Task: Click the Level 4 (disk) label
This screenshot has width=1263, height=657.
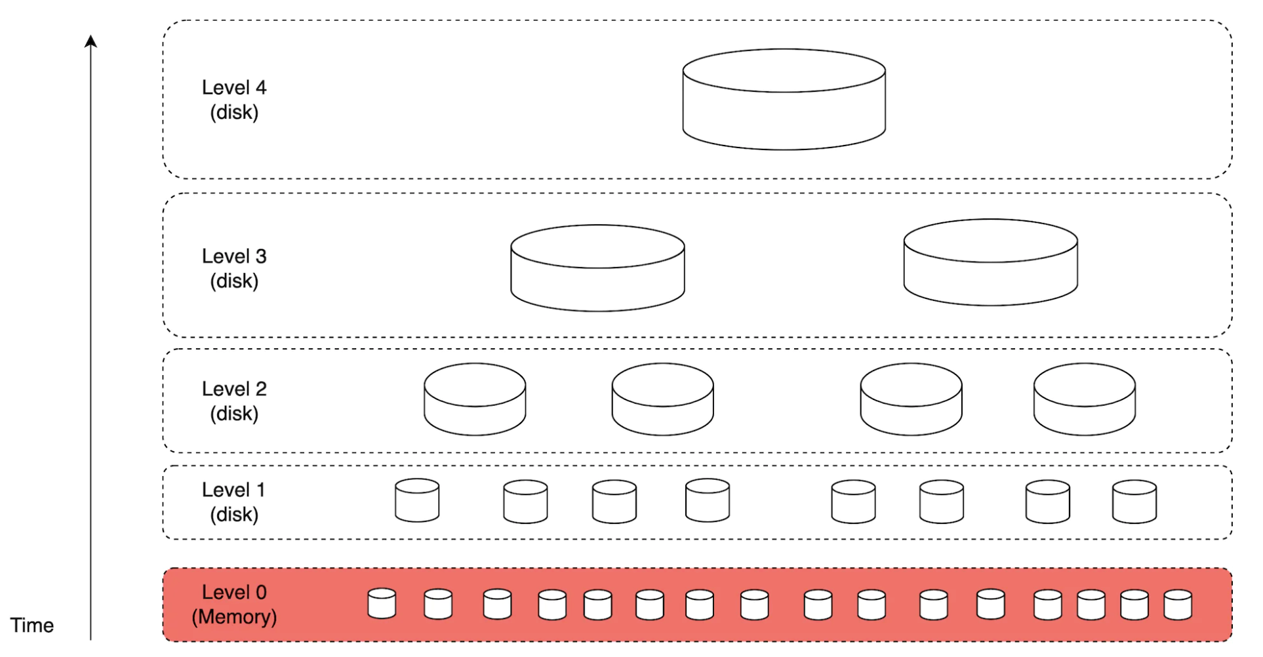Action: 234,100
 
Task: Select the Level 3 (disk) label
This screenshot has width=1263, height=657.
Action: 234,268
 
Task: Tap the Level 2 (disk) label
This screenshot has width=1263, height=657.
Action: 234,401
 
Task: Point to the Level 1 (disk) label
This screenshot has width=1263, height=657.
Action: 234,502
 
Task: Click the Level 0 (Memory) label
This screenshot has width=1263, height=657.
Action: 234,604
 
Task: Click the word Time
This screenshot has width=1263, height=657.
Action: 31,625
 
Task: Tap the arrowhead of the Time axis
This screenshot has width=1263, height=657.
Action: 91,41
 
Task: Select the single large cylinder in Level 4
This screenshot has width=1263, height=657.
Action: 784,100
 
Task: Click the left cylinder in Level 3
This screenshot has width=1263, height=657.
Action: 597,268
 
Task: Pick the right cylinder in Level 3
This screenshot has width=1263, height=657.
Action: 990,262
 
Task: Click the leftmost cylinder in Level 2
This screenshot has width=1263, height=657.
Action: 475,399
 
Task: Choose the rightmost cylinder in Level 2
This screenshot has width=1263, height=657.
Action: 1084,399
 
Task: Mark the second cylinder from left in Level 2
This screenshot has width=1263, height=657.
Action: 662,399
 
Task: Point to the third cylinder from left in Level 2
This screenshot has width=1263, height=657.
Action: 911,399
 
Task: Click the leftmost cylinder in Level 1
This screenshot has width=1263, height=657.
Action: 417,500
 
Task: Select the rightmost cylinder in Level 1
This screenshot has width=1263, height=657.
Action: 1134,502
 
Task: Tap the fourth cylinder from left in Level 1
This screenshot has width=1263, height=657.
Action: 707,500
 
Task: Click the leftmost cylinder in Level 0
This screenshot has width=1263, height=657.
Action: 382,604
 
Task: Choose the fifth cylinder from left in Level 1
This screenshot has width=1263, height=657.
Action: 852,502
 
